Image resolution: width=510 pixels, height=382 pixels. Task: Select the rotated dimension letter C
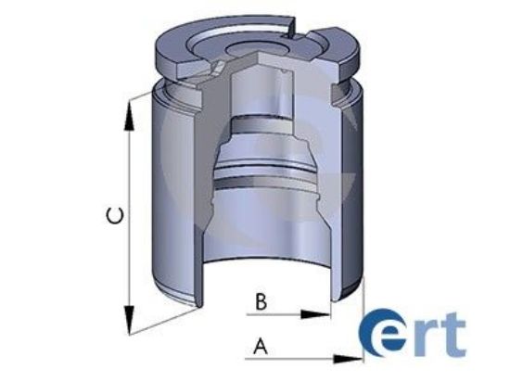(x=113, y=217)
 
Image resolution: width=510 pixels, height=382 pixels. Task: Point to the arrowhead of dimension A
(x=353, y=357)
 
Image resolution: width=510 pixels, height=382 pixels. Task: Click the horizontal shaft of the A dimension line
(x=297, y=357)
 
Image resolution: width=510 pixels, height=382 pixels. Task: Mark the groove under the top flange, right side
(x=348, y=89)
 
